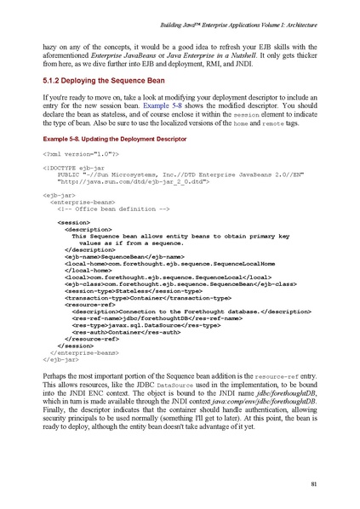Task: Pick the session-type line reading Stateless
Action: click(127, 313)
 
